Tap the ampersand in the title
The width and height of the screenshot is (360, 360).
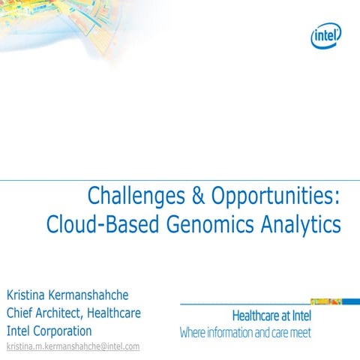(x=196, y=196)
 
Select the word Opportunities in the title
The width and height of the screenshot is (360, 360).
(x=275, y=197)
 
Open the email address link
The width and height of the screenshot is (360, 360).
(x=73, y=346)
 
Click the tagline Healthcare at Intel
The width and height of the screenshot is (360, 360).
(x=271, y=316)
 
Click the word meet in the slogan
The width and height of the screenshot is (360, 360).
(x=298, y=332)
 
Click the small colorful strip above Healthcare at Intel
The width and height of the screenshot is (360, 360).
(x=325, y=301)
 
